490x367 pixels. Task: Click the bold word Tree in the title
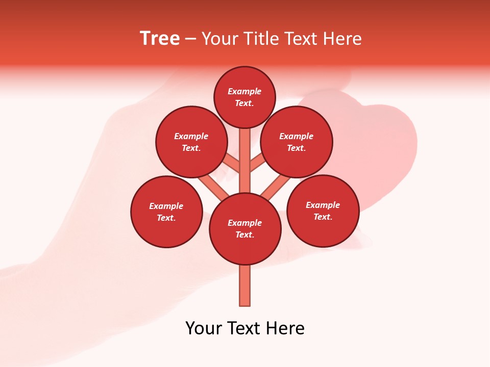pyautogui.click(x=160, y=39)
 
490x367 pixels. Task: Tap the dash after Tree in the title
pyautogui.click(x=190, y=39)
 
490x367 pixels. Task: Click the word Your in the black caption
pyautogui.click(x=204, y=328)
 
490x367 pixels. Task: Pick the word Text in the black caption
pyautogui.click(x=244, y=328)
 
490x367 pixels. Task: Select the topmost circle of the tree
pyautogui.click(x=244, y=97)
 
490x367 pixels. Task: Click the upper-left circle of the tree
pyautogui.click(x=191, y=142)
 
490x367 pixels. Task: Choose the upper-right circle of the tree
pyautogui.click(x=297, y=142)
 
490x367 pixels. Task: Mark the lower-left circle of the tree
pyautogui.click(x=166, y=212)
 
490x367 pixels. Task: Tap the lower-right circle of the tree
pyautogui.click(x=323, y=211)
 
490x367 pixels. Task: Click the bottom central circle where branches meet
pyautogui.click(x=245, y=229)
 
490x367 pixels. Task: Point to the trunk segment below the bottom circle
pyautogui.click(x=245, y=285)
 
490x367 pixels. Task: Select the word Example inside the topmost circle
pyautogui.click(x=244, y=91)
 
